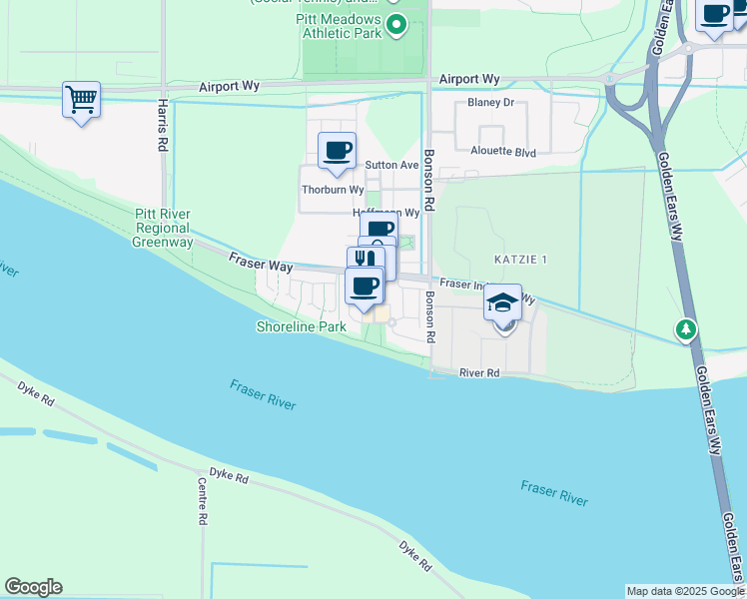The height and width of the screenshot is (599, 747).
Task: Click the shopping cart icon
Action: click(x=81, y=99)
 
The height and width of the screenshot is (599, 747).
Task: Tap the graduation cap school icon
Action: click(x=503, y=302)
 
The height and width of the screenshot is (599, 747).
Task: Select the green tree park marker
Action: click(x=685, y=328)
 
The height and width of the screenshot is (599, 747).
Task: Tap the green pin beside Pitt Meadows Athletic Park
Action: click(x=396, y=24)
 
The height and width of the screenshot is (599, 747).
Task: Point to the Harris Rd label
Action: click(x=162, y=124)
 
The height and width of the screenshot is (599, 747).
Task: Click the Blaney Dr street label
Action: click(x=490, y=103)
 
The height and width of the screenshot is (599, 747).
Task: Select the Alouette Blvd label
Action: click(x=503, y=152)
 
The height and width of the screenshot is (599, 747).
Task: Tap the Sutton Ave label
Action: click(x=391, y=165)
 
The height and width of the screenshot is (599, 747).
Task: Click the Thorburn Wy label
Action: click(x=333, y=189)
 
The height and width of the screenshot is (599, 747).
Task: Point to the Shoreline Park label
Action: click(x=301, y=326)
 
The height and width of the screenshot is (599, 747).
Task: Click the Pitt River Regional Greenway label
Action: click(x=164, y=228)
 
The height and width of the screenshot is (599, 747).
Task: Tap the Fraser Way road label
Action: click(x=261, y=265)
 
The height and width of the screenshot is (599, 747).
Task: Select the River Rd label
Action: click(x=479, y=372)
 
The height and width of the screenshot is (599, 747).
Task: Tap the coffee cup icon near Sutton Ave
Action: click(x=337, y=151)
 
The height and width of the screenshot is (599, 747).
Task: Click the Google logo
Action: click(x=33, y=587)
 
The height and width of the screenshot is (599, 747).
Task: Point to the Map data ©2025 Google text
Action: click(x=684, y=591)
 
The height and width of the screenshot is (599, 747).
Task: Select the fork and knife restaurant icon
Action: click(x=364, y=259)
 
